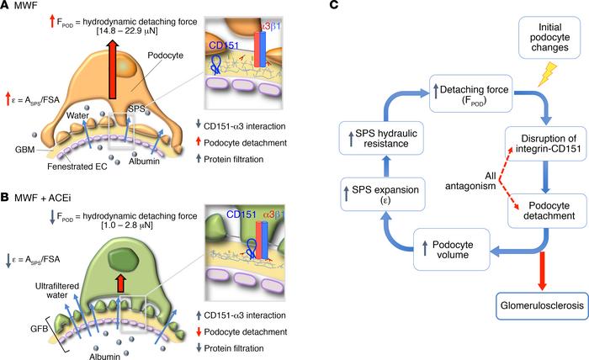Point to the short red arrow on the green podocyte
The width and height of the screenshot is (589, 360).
pos(125,257)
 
